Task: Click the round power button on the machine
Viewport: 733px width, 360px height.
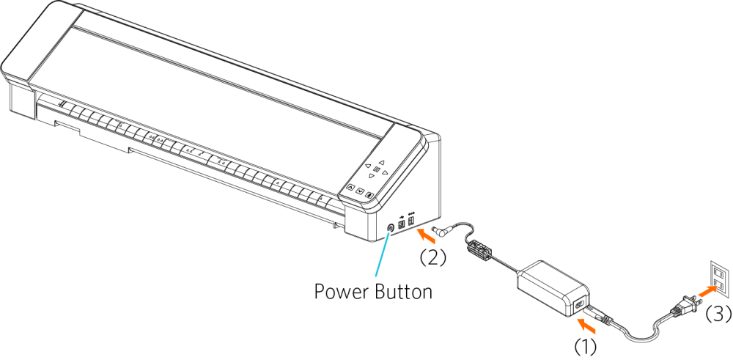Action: click(x=391, y=228)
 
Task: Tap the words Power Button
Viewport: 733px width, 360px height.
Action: click(x=373, y=292)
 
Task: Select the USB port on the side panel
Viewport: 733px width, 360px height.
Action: click(x=401, y=224)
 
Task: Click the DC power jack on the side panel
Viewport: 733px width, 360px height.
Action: click(x=411, y=221)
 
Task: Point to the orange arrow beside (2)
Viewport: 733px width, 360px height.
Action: click(x=426, y=235)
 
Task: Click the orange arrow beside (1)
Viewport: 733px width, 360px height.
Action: click(x=586, y=339)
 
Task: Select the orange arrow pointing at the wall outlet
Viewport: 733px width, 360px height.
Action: click(x=708, y=292)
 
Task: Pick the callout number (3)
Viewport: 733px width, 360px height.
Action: click(x=718, y=315)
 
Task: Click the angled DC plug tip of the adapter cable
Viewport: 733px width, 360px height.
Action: click(x=443, y=230)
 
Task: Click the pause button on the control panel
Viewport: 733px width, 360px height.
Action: click(x=376, y=170)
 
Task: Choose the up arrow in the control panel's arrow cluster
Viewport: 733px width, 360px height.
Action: click(x=381, y=163)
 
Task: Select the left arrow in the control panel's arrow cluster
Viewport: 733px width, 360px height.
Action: click(x=368, y=166)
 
